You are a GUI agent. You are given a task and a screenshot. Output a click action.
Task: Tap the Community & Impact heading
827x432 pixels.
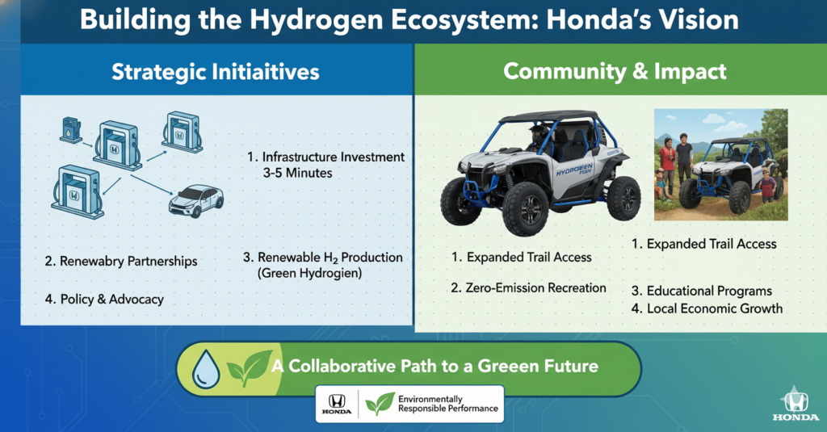coord(615,72)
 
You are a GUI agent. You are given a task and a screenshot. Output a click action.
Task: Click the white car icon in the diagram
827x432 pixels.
coord(195,200)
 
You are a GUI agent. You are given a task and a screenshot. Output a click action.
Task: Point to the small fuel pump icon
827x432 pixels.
coord(70,128)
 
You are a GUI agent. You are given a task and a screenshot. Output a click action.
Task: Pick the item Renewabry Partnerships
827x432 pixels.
coord(121,262)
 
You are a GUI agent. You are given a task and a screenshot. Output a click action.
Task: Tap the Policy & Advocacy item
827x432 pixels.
coord(104,300)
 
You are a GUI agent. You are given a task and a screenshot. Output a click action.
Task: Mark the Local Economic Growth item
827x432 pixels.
coord(714,308)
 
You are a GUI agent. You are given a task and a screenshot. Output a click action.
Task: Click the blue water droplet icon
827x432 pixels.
coord(206,369)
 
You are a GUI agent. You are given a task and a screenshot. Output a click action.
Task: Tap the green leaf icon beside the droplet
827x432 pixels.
coord(248,368)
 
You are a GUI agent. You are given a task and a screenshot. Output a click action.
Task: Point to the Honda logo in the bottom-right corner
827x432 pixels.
coord(795,401)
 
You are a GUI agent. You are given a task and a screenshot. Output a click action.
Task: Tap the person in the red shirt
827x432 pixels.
coord(668,158)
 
